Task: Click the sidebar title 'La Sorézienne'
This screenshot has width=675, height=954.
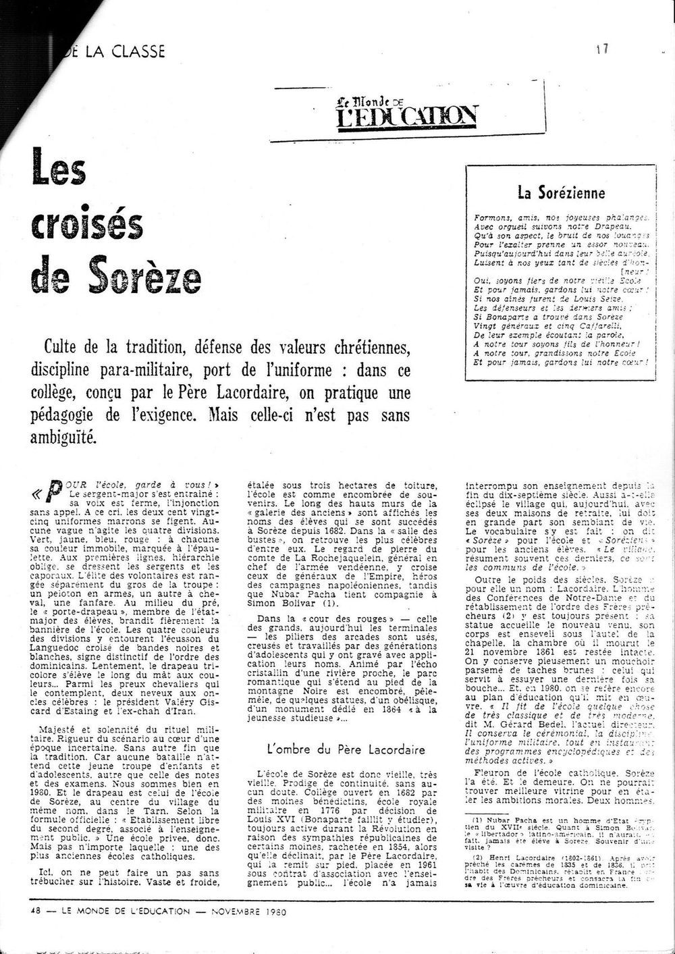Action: [561, 192]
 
